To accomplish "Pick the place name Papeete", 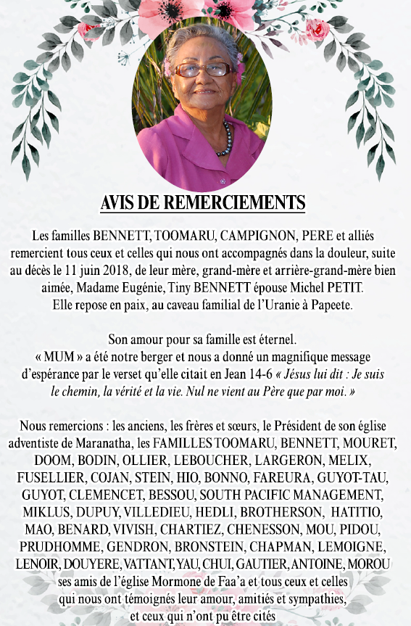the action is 332,304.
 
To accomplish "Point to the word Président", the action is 310,425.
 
